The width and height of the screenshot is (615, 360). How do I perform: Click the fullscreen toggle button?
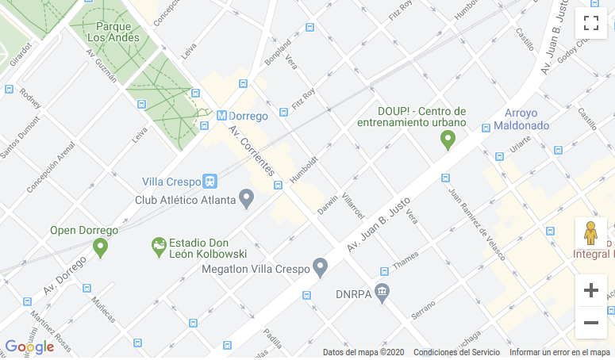click(590, 23)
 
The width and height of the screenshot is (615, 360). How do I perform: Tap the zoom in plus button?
click(590, 290)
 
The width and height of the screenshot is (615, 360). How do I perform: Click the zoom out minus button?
click(590, 323)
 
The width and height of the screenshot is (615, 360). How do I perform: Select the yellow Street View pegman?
click(590, 234)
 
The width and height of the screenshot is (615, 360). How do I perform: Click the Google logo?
click(29, 347)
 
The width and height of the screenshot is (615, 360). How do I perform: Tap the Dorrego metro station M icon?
click(221, 116)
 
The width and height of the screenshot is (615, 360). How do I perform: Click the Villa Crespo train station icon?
click(210, 181)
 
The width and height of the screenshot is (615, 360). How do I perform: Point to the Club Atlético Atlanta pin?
click(246, 198)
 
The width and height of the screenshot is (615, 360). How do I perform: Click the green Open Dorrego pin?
click(100, 247)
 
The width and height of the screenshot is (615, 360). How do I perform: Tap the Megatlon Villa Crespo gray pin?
click(321, 267)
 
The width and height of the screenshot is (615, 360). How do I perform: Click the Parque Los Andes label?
click(113, 31)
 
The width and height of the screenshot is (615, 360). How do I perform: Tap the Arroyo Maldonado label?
click(521, 119)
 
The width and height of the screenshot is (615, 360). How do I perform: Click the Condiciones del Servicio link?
click(456, 352)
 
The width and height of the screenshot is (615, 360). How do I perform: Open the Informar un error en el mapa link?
click(559, 352)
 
